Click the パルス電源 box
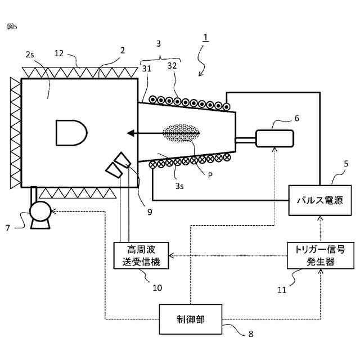click(319, 200)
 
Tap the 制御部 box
click(191, 319)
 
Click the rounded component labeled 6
click(275, 138)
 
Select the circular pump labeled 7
click(40, 213)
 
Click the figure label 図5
click(12, 26)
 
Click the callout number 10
click(157, 287)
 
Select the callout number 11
click(282, 290)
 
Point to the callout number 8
click(250, 334)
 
